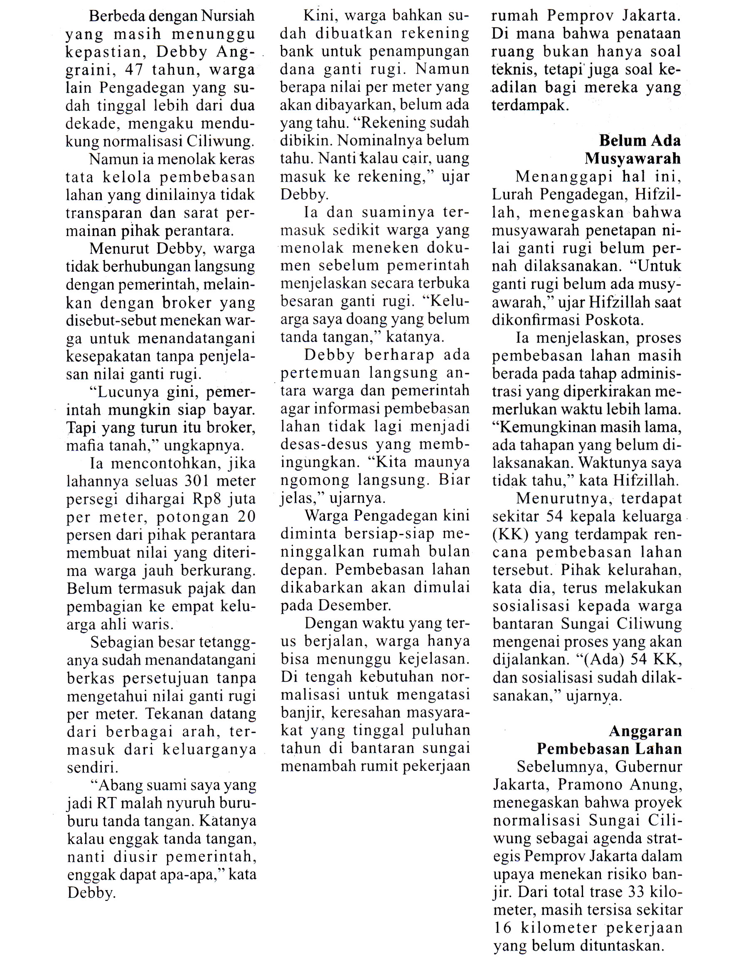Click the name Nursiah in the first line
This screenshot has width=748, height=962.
click(228, 16)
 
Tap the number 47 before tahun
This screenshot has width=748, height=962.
click(134, 70)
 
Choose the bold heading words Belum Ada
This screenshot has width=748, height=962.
click(640, 141)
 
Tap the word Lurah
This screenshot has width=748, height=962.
click(512, 195)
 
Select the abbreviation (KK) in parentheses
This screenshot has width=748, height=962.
click(510, 534)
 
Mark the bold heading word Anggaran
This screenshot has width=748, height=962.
click(645, 731)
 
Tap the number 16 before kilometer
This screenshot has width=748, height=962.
click(502, 928)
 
